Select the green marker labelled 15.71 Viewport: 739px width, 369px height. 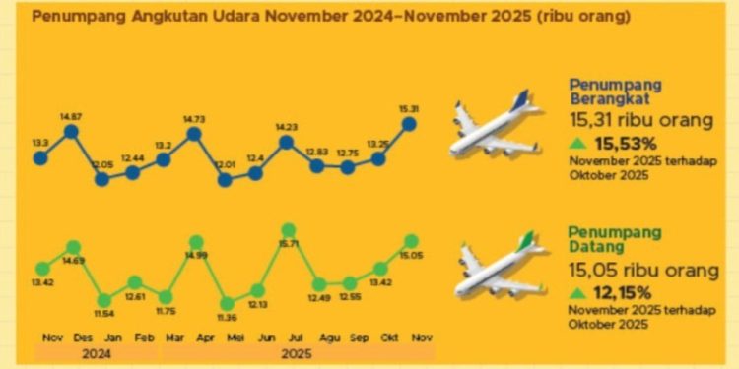coord(288,231)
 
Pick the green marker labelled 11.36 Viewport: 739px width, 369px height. coord(227,304)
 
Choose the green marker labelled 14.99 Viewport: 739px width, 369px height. coord(196,242)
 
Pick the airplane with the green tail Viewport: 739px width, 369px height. coord(497,268)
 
